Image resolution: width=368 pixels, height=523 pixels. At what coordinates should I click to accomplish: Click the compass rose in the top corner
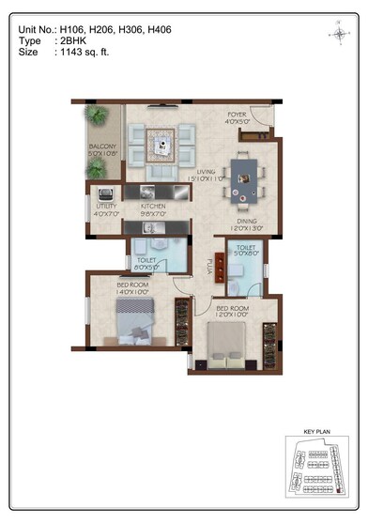pyautogui.click(x=339, y=34)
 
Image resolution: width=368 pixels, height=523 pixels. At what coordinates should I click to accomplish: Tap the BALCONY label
pyautogui.click(x=102, y=147)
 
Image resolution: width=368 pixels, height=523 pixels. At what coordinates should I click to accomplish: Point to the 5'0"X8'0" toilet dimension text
pyautogui.click(x=246, y=252)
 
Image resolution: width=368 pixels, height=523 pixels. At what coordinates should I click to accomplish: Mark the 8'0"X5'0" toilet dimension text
pyautogui.click(x=146, y=267)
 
